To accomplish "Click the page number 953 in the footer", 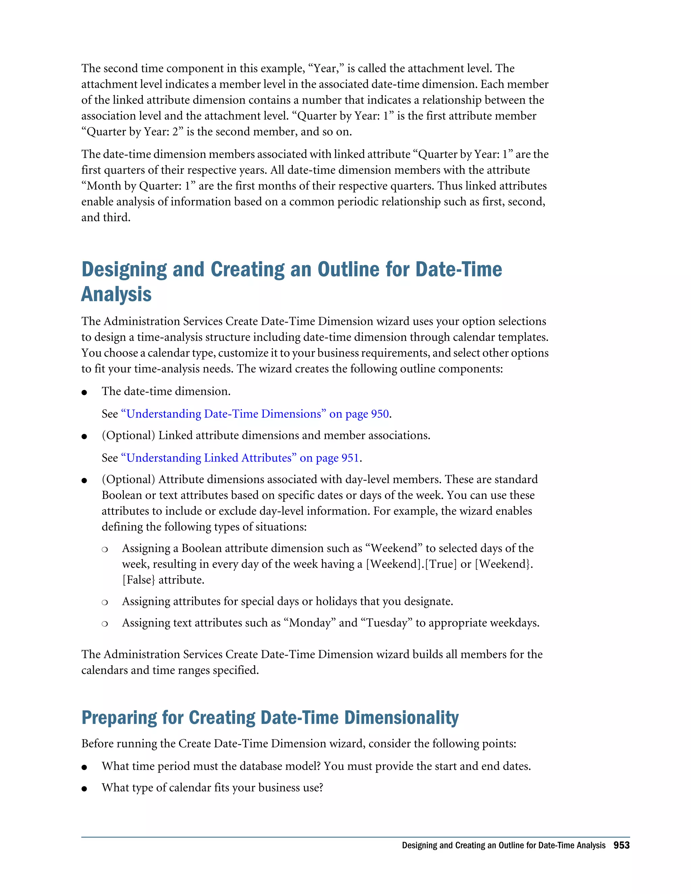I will click(621, 845).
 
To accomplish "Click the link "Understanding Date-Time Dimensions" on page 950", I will click(255, 414).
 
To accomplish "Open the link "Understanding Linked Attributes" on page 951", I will click(240, 458).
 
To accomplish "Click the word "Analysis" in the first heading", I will click(116, 294).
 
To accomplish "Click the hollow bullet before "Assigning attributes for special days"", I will click(105, 602).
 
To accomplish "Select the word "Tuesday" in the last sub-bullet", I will click(387, 623).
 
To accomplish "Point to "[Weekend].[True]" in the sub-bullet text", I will click(411, 564).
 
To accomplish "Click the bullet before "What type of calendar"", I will click(84, 789).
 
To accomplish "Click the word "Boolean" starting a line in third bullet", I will click(121, 495).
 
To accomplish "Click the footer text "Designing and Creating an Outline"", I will click(469, 845).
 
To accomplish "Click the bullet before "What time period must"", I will click(84, 767).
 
